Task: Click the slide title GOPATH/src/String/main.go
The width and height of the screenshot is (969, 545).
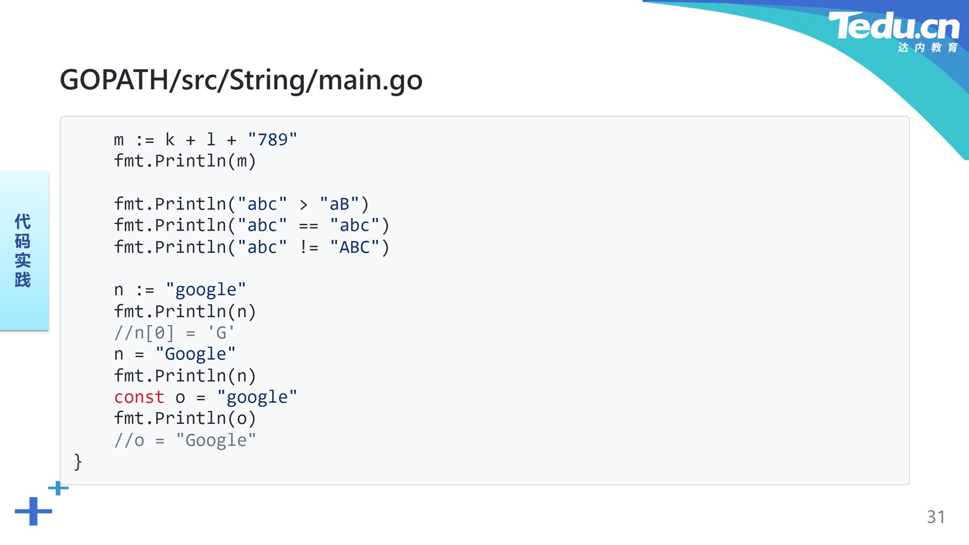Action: pos(241,80)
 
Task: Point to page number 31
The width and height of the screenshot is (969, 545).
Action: pos(936,517)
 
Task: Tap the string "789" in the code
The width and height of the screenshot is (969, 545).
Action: pos(273,139)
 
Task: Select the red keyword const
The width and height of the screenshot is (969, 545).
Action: pos(139,397)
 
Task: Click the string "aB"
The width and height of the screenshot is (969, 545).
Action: pos(339,204)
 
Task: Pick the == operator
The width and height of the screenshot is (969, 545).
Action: pos(308,226)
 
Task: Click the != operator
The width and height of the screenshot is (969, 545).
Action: pos(308,247)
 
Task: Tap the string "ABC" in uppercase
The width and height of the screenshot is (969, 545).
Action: pos(355,247)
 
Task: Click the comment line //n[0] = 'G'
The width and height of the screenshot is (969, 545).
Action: pos(175,333)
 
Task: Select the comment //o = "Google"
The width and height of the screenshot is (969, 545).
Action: pos(185,441)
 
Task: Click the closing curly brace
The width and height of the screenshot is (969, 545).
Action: pos(78,462)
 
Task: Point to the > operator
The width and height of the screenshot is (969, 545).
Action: pos(303,204)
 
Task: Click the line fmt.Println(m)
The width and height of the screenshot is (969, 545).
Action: pos(185,161)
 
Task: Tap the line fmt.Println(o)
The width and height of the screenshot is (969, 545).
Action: pos(185,418)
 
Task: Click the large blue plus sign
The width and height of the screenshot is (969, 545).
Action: pos(33,511)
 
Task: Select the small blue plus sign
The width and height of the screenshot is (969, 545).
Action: pos(58,488)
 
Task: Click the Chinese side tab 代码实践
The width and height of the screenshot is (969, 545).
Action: pos(23,250)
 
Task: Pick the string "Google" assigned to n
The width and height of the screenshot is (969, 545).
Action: pos(195,354)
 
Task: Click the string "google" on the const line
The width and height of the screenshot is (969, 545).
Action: pos(257,397)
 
